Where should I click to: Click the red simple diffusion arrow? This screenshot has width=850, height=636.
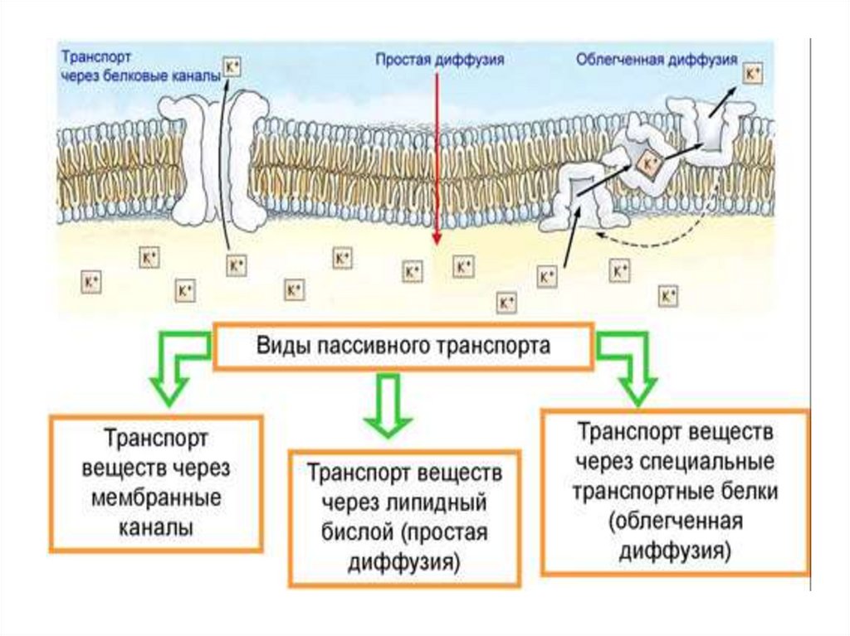[x=436, y=158]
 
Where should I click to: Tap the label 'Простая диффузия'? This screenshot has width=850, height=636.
[x=440, y=60]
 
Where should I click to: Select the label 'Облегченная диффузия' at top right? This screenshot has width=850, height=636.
[x=657, y=60]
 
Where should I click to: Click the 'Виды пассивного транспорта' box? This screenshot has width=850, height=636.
[x=403, y=346]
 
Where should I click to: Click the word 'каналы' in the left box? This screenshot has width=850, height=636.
[x=157, y=527]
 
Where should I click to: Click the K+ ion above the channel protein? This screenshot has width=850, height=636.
[x=231, y=66]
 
